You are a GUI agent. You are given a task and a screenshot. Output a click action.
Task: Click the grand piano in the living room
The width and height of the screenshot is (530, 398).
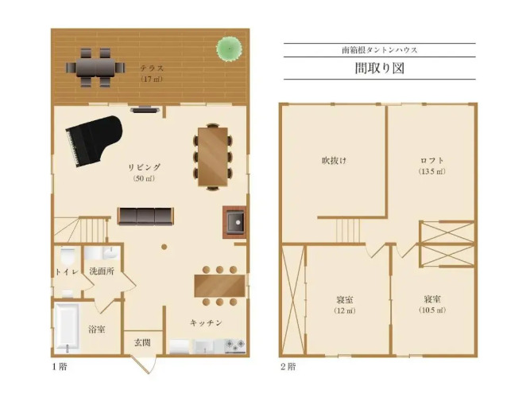click(x=94, y=141)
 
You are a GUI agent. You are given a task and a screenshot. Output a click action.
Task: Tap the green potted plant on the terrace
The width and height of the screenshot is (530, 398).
click(x=229, y=49)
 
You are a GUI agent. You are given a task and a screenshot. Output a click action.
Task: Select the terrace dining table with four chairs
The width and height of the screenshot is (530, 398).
click(x=95, y=68)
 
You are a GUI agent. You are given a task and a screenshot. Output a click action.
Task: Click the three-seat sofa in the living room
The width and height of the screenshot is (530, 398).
click(x=145, y=216)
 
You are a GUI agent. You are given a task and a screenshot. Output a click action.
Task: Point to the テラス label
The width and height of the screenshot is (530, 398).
click(x=152, y=68)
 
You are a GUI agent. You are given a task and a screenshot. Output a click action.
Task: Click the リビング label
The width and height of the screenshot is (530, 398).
click(x=145, y=167)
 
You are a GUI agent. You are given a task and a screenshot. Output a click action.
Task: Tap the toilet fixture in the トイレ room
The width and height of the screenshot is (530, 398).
click(x=68, y=256)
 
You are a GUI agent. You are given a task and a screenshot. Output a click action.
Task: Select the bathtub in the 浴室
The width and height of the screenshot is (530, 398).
click(x=68, y=327)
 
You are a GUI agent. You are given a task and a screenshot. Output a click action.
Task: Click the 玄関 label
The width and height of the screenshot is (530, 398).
click(x=142, y=342)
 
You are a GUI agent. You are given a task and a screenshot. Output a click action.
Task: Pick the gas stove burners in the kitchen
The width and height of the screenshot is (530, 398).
click(x=235, y=345)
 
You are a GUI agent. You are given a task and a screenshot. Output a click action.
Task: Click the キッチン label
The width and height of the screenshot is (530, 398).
click(x=206, y=323)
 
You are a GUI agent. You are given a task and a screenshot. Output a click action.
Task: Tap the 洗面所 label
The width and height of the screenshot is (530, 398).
click(x=102, y=271)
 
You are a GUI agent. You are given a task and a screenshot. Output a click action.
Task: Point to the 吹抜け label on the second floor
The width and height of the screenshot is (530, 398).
click(x=334, y=160)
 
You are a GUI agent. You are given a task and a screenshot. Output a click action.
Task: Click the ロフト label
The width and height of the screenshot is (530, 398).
click(x=432, y=160)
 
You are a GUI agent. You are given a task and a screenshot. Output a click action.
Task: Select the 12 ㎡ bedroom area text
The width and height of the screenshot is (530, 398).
click(x=345, y=310)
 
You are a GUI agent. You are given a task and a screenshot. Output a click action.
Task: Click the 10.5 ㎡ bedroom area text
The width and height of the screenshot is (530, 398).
click(x=432, y=310)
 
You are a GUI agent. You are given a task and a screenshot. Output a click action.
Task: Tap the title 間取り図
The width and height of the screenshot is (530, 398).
click(x=380, y=68)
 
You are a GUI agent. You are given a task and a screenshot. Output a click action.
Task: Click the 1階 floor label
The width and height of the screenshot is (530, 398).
click(x=60, y=366)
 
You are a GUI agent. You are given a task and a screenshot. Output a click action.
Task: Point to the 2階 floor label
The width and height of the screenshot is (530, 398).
click(x=288, y=366)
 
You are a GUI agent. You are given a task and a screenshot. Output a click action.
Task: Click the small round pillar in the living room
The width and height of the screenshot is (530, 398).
click(x=164, y=247)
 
